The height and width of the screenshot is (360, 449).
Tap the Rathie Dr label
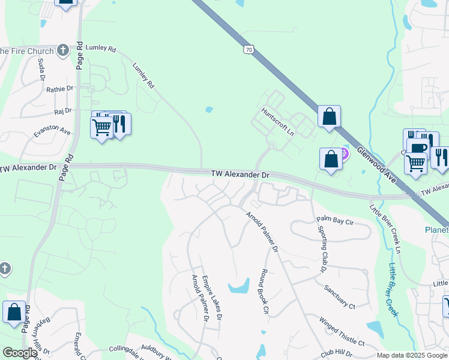point(59,89)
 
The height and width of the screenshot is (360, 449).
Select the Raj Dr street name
point(62,111)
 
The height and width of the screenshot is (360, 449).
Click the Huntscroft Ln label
point(278,121)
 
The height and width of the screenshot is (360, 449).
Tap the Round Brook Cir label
point(264,291)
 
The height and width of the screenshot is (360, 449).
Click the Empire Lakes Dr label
point(213,296)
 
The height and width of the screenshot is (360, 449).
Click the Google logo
point(19,352)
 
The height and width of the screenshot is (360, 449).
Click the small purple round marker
point(345,154)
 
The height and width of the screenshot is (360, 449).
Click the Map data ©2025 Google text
point(411,355)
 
